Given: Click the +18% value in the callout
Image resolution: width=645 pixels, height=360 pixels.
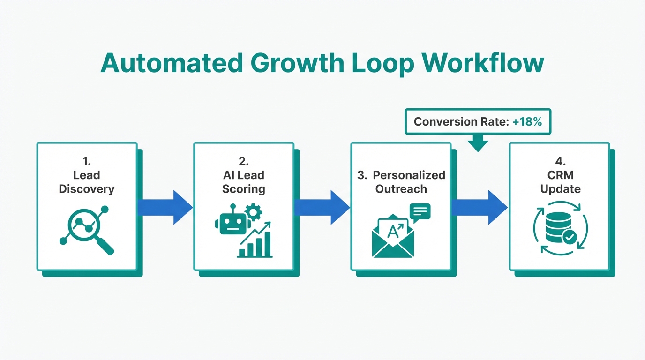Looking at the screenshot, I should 527,122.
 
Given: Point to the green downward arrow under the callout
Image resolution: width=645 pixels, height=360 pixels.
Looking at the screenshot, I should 478,143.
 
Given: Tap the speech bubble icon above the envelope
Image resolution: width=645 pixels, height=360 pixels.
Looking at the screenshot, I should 420,212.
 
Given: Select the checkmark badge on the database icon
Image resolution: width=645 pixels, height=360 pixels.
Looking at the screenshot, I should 570,238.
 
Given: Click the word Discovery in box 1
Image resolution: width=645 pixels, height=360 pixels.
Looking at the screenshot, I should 87,189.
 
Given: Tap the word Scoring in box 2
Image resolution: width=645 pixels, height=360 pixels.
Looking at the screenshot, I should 244,189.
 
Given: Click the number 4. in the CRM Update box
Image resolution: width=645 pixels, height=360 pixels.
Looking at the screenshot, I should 561,162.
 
